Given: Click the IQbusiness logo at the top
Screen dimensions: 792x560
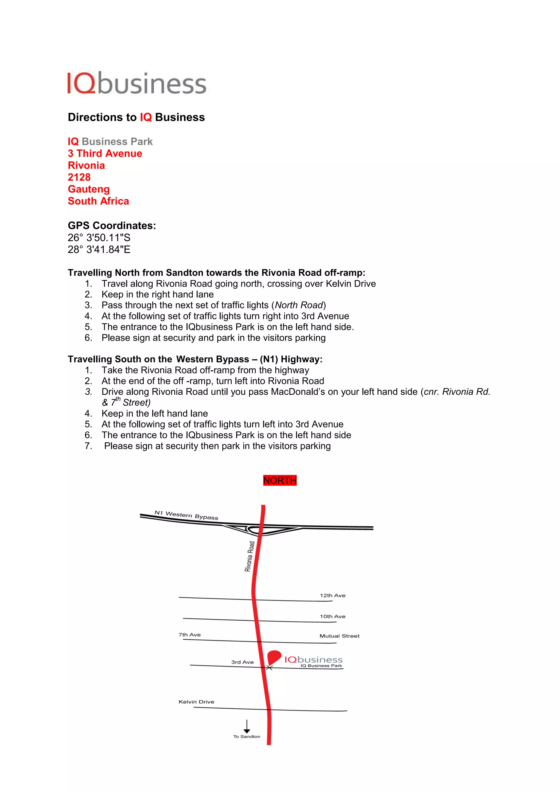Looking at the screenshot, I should (136, 83).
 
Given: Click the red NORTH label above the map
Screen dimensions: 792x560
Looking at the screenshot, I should (280, 480).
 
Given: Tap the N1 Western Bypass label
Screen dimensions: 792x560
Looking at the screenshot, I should (186, 515).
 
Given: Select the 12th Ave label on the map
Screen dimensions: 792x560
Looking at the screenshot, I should (332, 595).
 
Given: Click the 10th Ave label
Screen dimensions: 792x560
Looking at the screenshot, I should (332, 616).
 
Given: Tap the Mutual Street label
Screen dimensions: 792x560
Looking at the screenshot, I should (339, 636).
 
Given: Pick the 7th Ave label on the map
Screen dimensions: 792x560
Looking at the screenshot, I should (190, 635).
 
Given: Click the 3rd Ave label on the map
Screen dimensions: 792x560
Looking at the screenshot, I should (243, 662).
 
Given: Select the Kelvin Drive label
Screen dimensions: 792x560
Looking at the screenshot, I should (196, 702).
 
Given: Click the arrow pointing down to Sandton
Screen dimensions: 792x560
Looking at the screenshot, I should (247, 726).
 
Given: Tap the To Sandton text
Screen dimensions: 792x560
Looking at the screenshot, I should (247, 736).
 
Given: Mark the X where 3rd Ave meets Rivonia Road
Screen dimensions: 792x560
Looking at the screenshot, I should (270, 668).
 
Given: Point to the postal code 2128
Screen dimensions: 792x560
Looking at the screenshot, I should (79, 177).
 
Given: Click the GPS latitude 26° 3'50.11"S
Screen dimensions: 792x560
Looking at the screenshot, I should (99, 238).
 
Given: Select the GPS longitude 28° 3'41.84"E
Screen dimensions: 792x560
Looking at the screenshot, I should (99, 249).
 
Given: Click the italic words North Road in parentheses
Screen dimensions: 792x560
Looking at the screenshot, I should (299, 305).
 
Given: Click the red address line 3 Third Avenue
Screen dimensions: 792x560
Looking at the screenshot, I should (105, 153).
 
